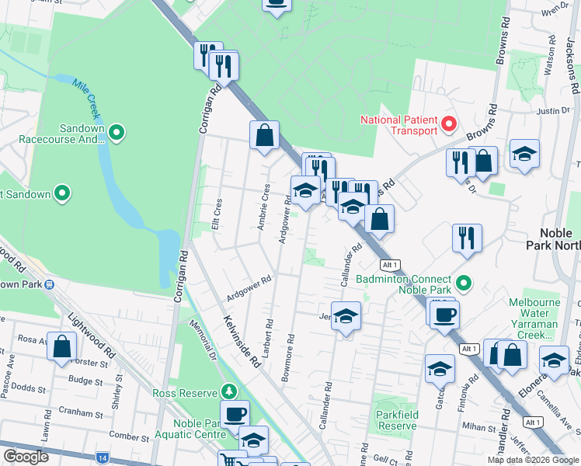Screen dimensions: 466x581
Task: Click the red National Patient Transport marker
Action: pyautogui.click(x=449, y=123)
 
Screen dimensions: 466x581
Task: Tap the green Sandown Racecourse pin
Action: pyautogui.click(x=117, y=134)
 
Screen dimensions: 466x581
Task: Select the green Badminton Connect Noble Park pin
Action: pyautogui.click(x=464, y=282)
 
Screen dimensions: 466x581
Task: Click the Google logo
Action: pyautogui.click(x=26, y=457)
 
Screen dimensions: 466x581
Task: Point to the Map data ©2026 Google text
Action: pyautogui.click(x=533, y=460)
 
